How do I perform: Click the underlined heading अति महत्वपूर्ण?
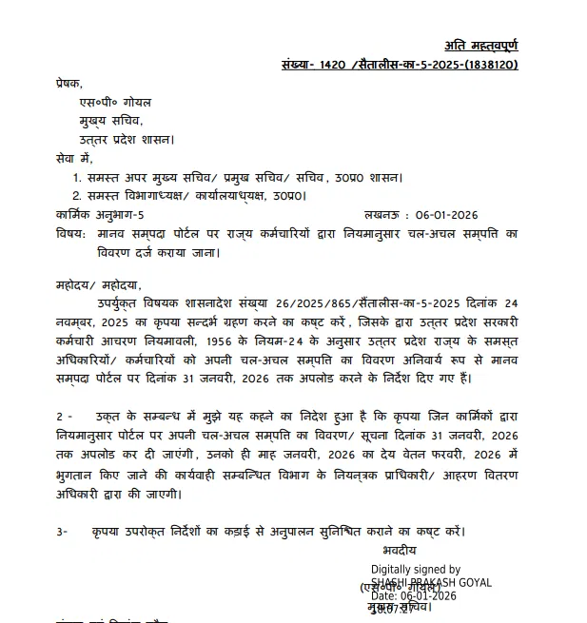point(481,45)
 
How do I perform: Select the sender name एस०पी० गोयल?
point(115,102)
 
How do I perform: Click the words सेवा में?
point(74,158)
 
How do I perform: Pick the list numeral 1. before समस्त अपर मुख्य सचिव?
point(77,177)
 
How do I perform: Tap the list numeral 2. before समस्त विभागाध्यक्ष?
point(77,195)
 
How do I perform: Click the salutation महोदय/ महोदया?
point(98,284)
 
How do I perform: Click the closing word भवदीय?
point(400,550)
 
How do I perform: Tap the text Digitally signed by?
point(416,570)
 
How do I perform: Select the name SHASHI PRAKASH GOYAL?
point(431,582)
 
